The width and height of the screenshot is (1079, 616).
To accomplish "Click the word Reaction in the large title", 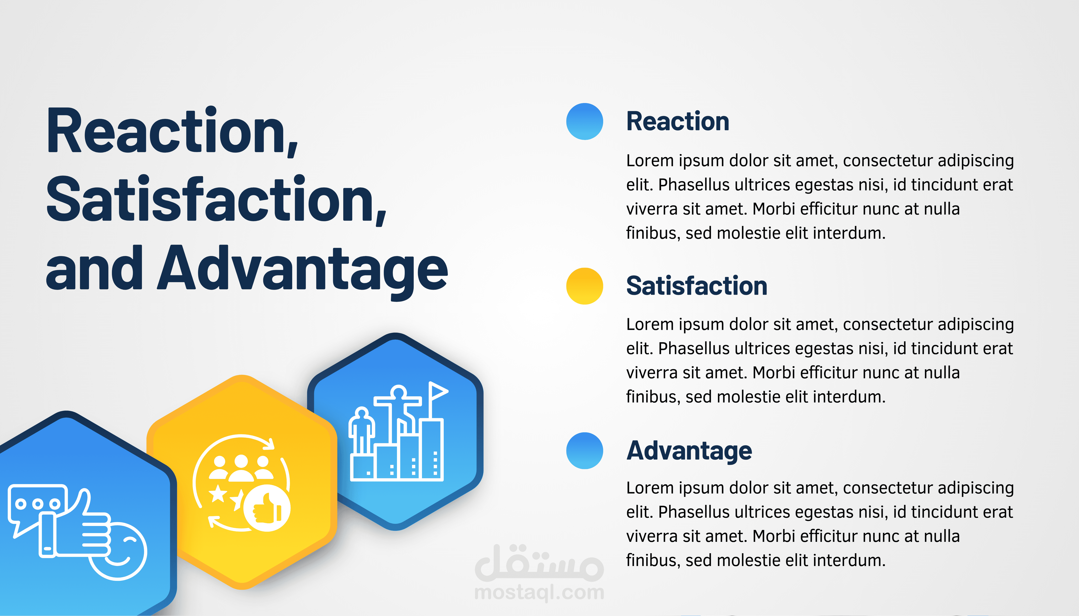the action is coord(172,131).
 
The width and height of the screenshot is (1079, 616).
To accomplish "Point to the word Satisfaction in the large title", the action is coord(217,199).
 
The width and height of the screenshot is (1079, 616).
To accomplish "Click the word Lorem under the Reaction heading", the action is coord(650,161).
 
